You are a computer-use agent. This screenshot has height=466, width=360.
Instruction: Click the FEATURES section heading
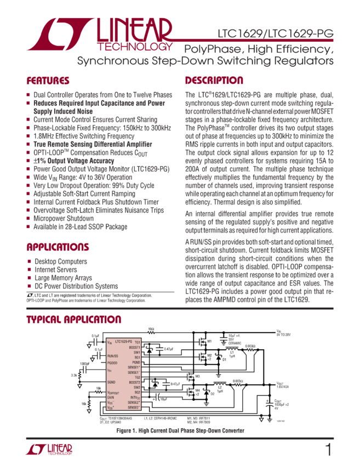coord(48,80)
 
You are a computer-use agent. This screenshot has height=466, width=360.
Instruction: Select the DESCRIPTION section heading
coord(214,80)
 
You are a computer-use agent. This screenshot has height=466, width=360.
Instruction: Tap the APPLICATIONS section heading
coord(58,247)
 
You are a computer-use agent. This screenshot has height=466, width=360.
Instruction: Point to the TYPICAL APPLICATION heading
coord(73,320)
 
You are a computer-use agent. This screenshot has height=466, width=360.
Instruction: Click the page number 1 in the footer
coord(329,450)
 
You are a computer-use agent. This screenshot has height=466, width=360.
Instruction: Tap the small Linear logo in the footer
coord(49,450)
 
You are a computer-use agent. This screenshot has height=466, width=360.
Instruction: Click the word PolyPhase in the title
coord(209,49)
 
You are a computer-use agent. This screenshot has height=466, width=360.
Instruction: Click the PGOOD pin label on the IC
coord(113,362)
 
